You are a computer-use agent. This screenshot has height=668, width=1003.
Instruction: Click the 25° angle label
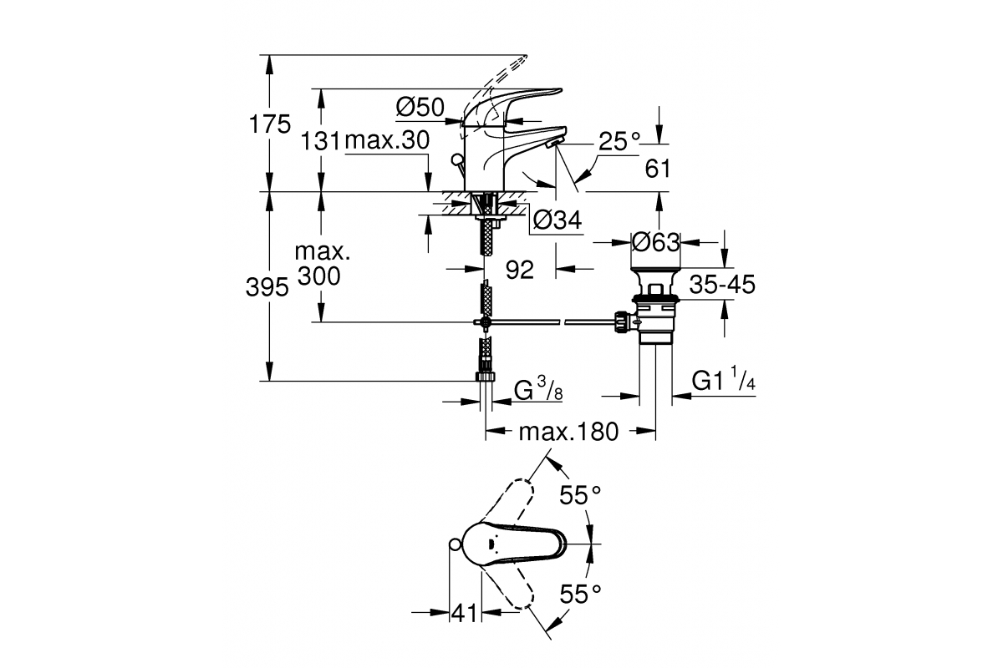[619, 141]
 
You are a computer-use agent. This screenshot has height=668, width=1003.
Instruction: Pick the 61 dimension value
[659, 169]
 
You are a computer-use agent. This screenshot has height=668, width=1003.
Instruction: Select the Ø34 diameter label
[557, 220]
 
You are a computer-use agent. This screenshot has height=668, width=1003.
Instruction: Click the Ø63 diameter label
[655, 243]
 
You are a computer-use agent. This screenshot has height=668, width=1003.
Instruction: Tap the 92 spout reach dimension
[520, 271]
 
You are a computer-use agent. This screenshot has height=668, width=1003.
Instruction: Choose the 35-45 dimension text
[722, 285]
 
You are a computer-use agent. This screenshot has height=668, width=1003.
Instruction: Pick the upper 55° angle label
[580, 496]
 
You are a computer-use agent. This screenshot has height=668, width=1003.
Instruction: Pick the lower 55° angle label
[580, 594]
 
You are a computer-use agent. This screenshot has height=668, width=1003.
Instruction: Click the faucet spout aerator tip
[554, 144]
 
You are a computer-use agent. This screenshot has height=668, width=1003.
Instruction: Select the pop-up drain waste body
[655, 313]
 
